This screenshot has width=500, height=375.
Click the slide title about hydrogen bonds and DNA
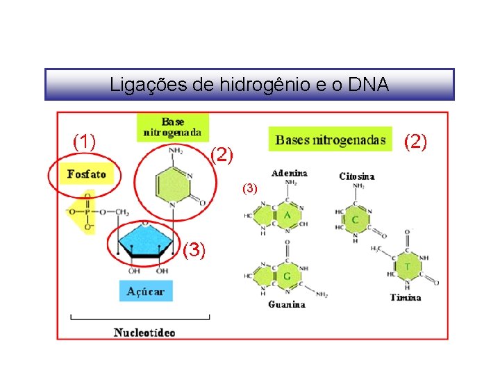249,85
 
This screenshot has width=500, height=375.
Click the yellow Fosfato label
87,174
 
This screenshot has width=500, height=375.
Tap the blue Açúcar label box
145,291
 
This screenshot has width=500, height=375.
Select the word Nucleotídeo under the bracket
144,332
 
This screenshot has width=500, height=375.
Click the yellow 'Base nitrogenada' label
173,127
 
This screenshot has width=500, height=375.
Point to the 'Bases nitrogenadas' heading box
330,140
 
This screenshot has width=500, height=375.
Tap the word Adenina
290,173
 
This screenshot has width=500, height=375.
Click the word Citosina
357,176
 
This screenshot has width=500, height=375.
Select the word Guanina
287,304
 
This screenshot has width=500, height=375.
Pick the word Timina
405,297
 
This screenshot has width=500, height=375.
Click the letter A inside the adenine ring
287,215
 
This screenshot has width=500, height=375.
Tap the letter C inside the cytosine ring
355,219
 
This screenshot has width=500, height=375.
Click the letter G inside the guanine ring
287,276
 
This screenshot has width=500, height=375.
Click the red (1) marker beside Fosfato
84,142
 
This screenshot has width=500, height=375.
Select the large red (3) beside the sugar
194,250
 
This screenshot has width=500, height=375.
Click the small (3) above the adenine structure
250,188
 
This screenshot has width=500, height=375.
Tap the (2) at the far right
416,142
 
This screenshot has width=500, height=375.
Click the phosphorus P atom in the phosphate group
87,212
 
